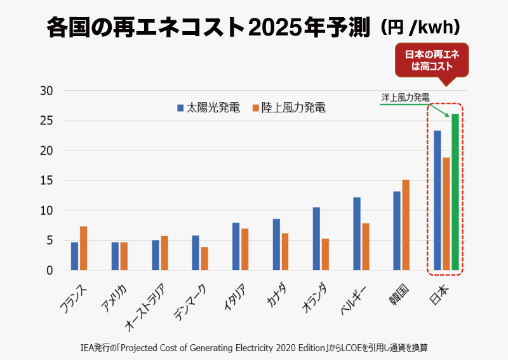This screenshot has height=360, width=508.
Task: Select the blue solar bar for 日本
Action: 437,201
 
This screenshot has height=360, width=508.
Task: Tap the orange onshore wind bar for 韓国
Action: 405,225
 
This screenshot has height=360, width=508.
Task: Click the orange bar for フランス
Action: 83,248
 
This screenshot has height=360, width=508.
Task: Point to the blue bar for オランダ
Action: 316,239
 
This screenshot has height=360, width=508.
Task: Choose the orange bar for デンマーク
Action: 204,258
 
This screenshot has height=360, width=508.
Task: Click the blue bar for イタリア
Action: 236,246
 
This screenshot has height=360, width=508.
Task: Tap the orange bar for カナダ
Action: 285,251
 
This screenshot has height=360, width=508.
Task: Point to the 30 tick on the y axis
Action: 46,91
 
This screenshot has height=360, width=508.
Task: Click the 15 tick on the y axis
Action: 46,181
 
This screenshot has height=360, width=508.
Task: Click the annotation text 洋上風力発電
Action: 405,98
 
